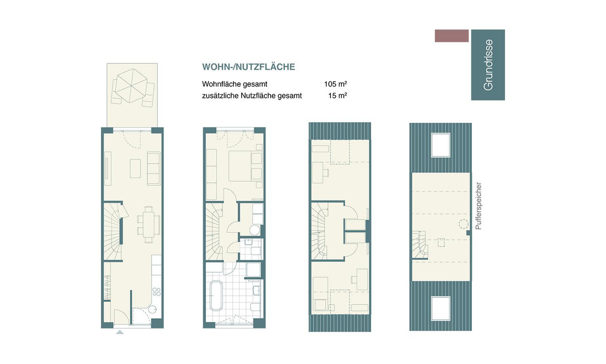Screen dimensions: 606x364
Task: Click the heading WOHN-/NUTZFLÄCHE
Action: point(248,67)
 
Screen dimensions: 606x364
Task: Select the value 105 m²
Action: point(335,84)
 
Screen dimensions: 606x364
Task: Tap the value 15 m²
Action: point(338,96)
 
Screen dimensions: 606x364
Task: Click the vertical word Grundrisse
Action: point(488,65)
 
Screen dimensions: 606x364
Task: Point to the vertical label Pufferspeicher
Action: point(478,206)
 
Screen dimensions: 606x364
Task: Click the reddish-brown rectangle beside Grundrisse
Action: point(451,36)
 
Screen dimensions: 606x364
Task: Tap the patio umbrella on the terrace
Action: point(131,85)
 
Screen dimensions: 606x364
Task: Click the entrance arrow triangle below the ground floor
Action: point(120,332)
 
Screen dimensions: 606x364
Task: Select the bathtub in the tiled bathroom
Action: point(216,296)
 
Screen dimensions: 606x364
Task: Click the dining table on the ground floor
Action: point(148,225)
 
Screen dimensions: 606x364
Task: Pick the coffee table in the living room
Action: point(135,168)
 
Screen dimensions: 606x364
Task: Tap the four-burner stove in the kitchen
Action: point(157,292)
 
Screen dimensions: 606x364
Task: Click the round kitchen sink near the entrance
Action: point(153,309)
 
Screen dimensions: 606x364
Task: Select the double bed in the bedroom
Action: point(245,166)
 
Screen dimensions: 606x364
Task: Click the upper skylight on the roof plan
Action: point(441,145)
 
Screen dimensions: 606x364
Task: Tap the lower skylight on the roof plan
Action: point(441,309)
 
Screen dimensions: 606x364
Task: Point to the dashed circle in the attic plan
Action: point(464,224)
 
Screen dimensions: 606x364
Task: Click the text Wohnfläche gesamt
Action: point(234,84)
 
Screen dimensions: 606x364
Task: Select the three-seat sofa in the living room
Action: point(154,168)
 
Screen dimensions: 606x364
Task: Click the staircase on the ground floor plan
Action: point(112,232)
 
